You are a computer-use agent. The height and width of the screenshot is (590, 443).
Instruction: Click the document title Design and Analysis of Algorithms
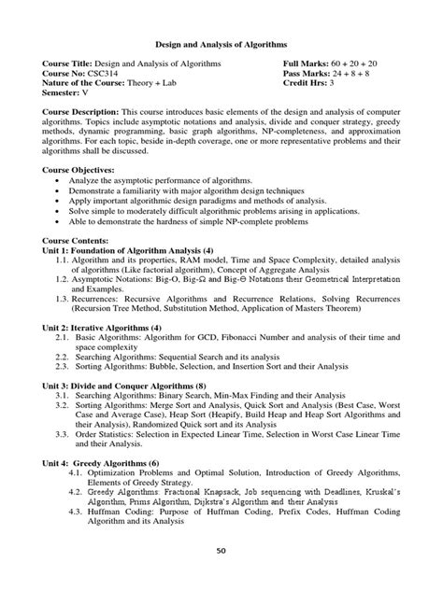(x=221, y=43)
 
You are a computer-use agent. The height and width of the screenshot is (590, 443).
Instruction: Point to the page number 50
(x=221, y=576)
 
